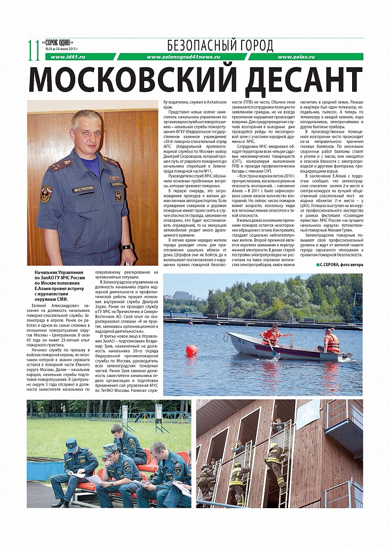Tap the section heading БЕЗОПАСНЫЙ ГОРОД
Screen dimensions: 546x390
click(x=220, y=45)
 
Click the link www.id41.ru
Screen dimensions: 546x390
click(x=65, y=57)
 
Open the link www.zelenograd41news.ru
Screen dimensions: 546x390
click(x=183, y=57)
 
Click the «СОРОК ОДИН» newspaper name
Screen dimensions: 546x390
click(x=59, y=42)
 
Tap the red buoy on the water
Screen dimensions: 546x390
click(x=191, y=350)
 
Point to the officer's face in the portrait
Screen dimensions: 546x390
click(x=86, y=132)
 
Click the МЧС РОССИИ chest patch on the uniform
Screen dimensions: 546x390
click(x=84, y=189)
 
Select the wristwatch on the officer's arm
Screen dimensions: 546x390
click(x=127, y=246)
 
